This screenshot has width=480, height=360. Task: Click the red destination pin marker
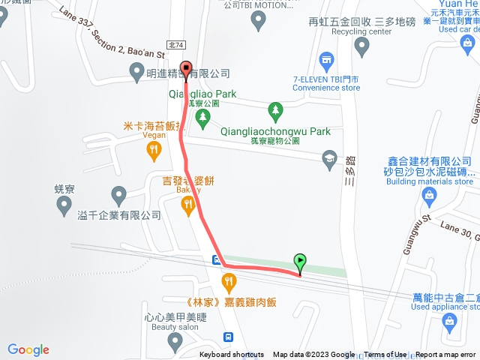pyautogui.click(x=186, y=68)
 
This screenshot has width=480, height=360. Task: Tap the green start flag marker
pyautogui.click(x=300, y=262)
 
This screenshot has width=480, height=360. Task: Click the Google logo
pyautogui.click(x=28, y=349)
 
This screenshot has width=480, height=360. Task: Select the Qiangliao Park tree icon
pyautogui.click(x=201, y=118)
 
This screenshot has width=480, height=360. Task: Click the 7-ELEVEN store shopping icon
pyautogui.click(x=326, y=60)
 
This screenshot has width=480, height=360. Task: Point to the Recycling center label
pyautogui.click(x=361, y=32)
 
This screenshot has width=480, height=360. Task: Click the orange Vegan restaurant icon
pyautogui.click(x=154, y=150)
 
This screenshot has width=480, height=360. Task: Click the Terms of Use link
pyautogui.click(x=385, y=355)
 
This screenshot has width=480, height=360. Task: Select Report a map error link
pyautogui.click(x=446, y=355)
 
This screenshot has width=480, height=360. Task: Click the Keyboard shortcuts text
pyautogui.click(x=232, y=355)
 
